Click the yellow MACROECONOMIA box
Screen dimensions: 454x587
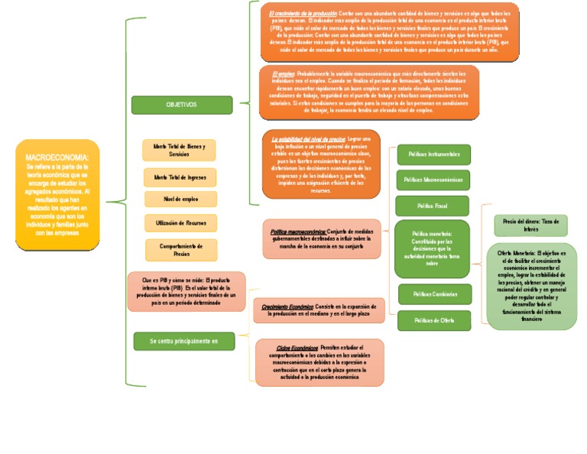57,194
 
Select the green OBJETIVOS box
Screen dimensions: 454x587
181,105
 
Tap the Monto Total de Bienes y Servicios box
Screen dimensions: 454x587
180,150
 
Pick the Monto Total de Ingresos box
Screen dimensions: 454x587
180,177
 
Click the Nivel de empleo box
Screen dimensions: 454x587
180,199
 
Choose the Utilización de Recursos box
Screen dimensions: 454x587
180,222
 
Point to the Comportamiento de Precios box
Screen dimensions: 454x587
181,250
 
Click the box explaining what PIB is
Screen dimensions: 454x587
186,291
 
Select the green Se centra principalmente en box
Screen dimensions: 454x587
183,340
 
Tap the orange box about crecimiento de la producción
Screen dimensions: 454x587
388,31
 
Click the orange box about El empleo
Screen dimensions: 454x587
369,92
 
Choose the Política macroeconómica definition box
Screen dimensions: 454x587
321,238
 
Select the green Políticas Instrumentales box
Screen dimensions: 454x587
433,154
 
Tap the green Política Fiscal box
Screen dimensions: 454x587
432,206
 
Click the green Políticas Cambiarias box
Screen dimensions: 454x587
434,293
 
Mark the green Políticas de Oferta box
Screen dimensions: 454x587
433,320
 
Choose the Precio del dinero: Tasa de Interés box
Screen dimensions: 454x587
530,225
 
